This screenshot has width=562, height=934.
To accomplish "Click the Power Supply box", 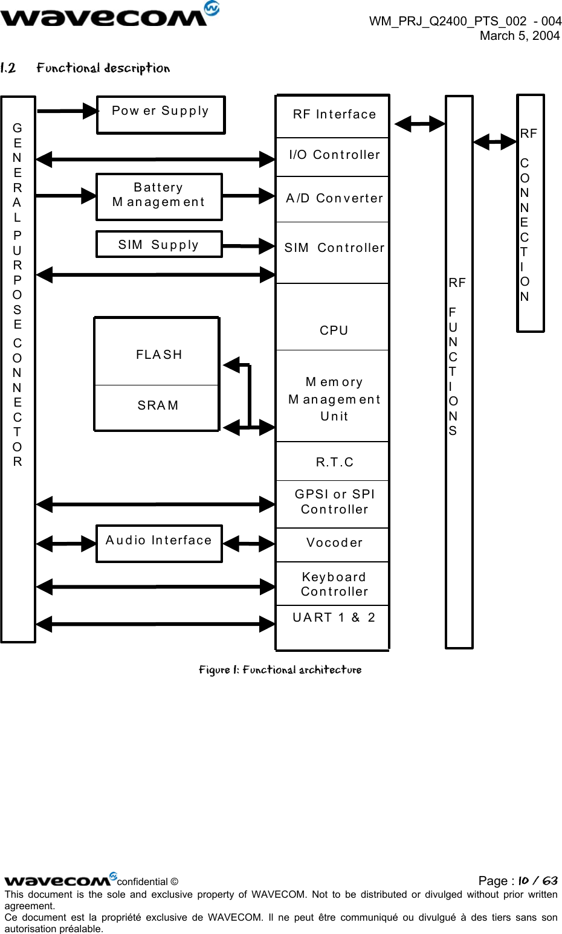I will coord(161,115).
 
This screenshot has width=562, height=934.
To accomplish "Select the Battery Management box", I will coord(159,196).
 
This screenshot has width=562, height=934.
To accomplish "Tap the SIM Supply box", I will coord(159,245).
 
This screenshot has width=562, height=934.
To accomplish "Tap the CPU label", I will coord(334,330).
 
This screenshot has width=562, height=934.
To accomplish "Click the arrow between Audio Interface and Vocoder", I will coord(249,544).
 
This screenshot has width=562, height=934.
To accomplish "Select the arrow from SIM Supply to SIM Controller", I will coord(249,246).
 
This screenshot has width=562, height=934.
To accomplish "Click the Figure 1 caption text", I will coord(280,670).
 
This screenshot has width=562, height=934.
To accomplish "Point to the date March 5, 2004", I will coord(519,36).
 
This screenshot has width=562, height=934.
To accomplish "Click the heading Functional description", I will coord(103,68).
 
